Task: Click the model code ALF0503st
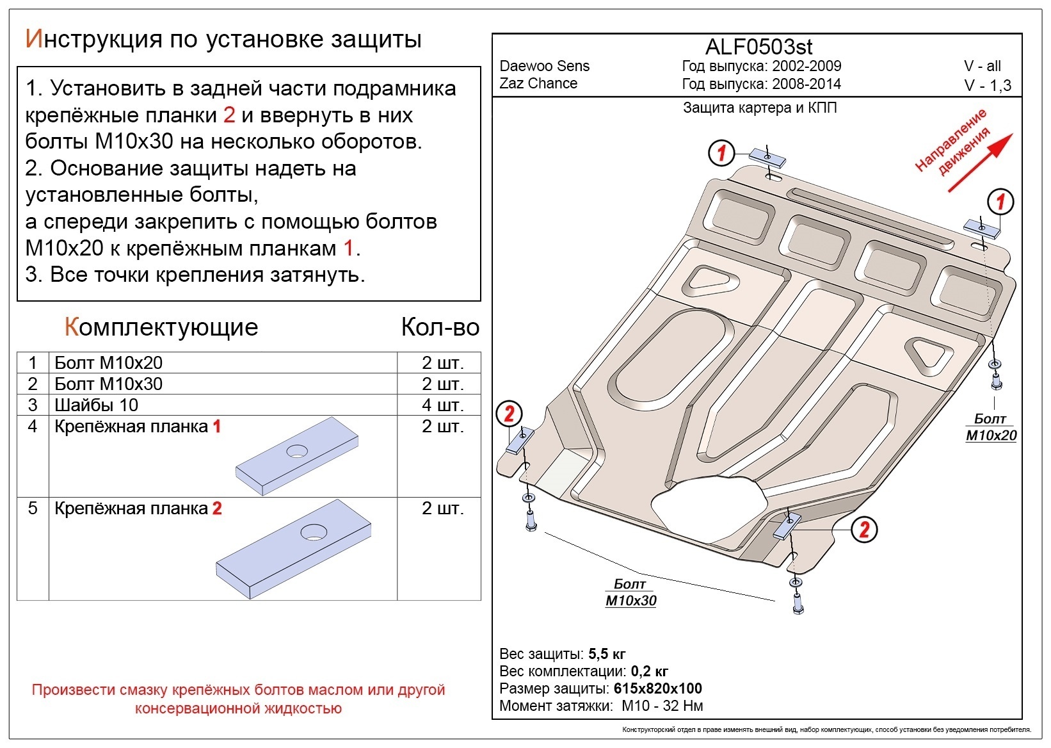(758, 47)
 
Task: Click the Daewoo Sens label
(544, 66)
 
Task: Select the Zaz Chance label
(538, 83)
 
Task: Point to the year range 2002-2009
(806, 66)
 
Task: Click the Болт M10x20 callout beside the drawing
(990, 428)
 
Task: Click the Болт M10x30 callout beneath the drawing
(630, 593)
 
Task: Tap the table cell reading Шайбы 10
(96, 405)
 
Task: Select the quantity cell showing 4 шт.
(442, 405)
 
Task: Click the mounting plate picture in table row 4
(296, 456)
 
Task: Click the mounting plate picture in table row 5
(294, 548)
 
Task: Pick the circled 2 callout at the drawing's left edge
(509, 414)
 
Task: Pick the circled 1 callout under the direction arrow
(1000, 202)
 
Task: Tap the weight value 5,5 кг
(607, 654)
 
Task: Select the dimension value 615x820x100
(657, 688)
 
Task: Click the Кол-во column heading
(440, 327)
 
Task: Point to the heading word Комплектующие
(161, 327)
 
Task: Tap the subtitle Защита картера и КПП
(760, 108)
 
